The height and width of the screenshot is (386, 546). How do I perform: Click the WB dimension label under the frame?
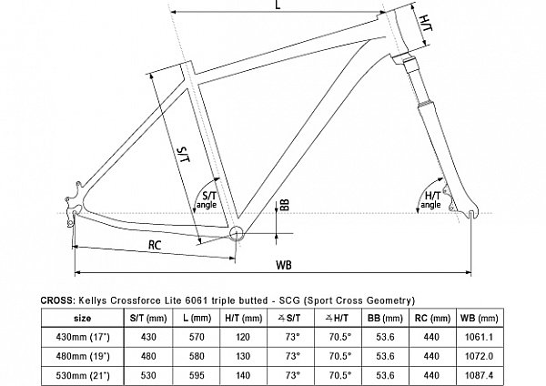click(284, 265)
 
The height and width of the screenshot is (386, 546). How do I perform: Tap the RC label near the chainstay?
click(155, 245)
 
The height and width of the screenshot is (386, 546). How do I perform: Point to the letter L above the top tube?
click(278, 5)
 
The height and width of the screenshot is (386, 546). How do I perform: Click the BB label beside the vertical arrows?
click(285, 205)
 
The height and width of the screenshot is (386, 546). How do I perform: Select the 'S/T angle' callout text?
click(207, 200)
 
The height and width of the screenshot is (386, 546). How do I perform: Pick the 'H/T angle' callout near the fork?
click(431, 200)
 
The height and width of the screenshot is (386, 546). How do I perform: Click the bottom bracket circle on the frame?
click(236, 233)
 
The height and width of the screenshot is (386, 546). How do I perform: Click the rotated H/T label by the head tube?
click(427, 24)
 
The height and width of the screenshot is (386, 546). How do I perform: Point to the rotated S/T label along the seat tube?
click(184, 155)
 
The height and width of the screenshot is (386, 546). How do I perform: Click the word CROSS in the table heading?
click(57, 300)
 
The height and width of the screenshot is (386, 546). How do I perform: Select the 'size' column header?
click(83, 318)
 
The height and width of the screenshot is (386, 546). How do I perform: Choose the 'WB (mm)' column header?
click(480, 318)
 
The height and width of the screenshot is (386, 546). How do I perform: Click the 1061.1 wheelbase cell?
click(480, 337)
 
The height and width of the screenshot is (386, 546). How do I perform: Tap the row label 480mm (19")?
click(83, 356)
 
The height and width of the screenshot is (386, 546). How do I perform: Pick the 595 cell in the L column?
click(197, 375)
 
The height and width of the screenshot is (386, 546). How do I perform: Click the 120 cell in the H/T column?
click(243, 337)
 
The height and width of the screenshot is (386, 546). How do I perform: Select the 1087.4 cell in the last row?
click(480, 375)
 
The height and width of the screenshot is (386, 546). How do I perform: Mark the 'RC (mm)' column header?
click(432, 318)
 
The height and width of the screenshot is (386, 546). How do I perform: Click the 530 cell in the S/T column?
click(148, 375)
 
